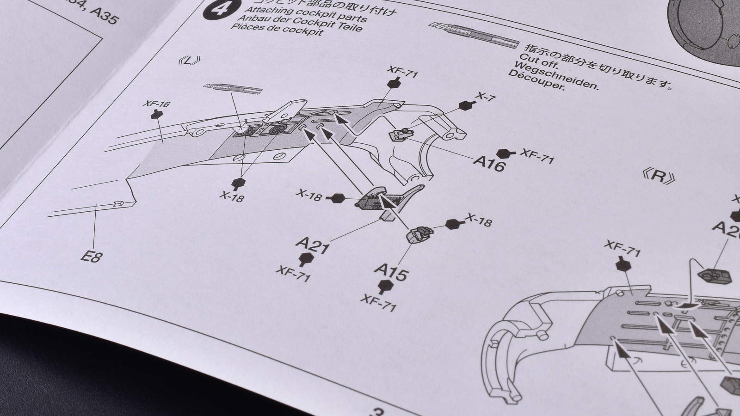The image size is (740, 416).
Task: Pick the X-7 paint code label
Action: coord(486,98)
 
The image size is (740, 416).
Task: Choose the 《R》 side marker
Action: coord(659,176)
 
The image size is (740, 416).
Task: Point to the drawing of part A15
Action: coord(418,233)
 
